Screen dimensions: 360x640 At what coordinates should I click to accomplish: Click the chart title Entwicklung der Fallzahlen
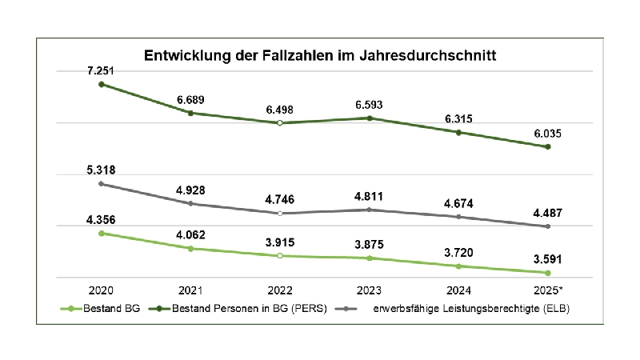(x=320, y=56)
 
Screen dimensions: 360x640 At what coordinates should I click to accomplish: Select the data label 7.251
(x=101, y=71)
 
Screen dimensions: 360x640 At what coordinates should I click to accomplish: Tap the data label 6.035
(x=548, y=134)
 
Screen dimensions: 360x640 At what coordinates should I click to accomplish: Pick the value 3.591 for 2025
(x=548, y=258)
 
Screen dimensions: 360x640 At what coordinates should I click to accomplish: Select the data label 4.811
(x=369, y=196)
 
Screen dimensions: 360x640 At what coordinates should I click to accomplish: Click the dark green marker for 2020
(x=101, y=84)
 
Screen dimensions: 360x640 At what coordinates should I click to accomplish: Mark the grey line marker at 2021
(x=190, y=203)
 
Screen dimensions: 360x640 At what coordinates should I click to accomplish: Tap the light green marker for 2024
(x=458, y=266)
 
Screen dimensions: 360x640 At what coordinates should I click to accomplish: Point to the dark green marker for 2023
(x=369, y=118)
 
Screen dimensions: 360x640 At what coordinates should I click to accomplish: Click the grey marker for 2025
(x=548, y=226)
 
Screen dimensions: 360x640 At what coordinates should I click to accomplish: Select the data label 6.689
(x=190, y=99)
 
